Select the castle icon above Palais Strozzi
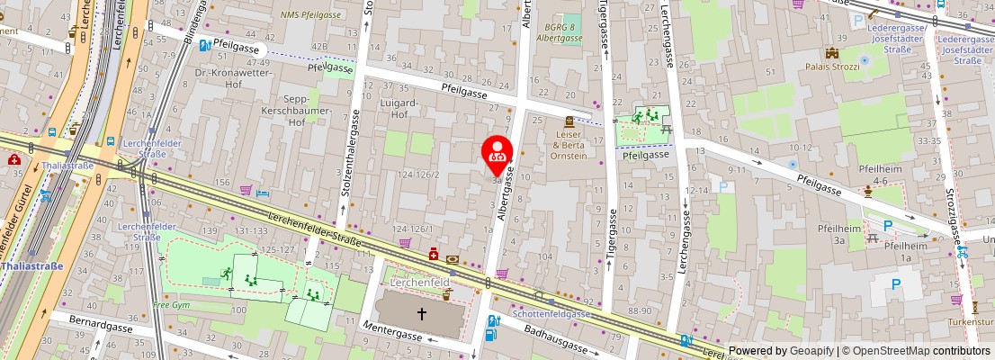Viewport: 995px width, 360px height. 832,53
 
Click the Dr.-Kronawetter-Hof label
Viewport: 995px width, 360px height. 226,77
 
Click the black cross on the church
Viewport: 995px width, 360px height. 422,314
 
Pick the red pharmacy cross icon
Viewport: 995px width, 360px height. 434,256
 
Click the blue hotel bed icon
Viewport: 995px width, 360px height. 262,193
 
